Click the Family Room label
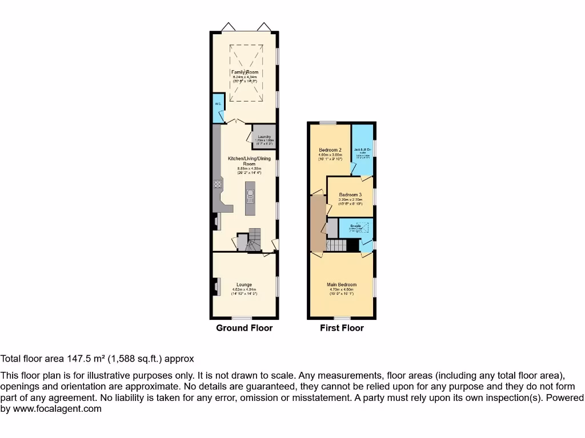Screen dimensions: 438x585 click(245, 72)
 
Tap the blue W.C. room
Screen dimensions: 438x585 click(218, 108)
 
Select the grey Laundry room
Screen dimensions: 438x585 click(265, 136)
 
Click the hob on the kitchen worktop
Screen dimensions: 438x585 click(218, 184)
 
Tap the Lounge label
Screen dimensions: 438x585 click(245, 285)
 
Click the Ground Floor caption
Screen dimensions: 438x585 click(244, 328)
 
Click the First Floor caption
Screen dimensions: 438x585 click(342, 328)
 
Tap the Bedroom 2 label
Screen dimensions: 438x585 click(330, 150)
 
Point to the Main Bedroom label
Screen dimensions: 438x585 click(342, 285)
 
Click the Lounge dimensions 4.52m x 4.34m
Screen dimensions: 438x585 click(245, 290)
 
